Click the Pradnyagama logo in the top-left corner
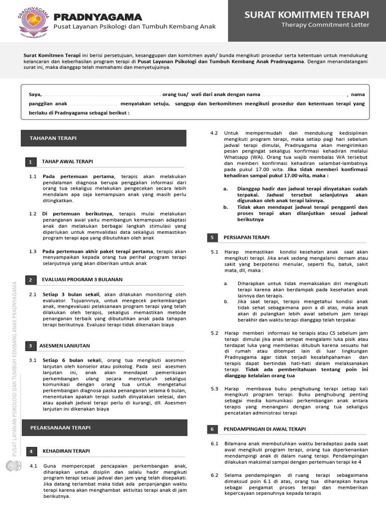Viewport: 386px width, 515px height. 34,20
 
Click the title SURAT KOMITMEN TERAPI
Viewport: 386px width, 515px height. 307,15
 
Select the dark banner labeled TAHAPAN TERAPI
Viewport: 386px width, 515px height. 104,138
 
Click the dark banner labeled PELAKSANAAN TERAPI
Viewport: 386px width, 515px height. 104,427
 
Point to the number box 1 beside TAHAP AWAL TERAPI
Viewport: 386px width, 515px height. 31,161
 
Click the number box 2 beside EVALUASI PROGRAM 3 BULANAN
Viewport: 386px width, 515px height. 31,280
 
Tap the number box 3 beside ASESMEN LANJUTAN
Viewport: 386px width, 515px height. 31,346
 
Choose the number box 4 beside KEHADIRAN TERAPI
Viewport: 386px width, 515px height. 31,451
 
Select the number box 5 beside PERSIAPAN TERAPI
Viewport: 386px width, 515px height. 213,237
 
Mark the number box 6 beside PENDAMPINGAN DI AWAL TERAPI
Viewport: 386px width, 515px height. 213,429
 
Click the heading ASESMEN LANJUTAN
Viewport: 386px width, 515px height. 64,346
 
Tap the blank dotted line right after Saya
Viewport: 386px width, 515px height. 101,95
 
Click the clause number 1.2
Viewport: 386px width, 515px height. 33,214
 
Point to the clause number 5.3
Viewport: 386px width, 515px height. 215,389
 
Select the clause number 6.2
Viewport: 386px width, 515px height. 215,475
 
